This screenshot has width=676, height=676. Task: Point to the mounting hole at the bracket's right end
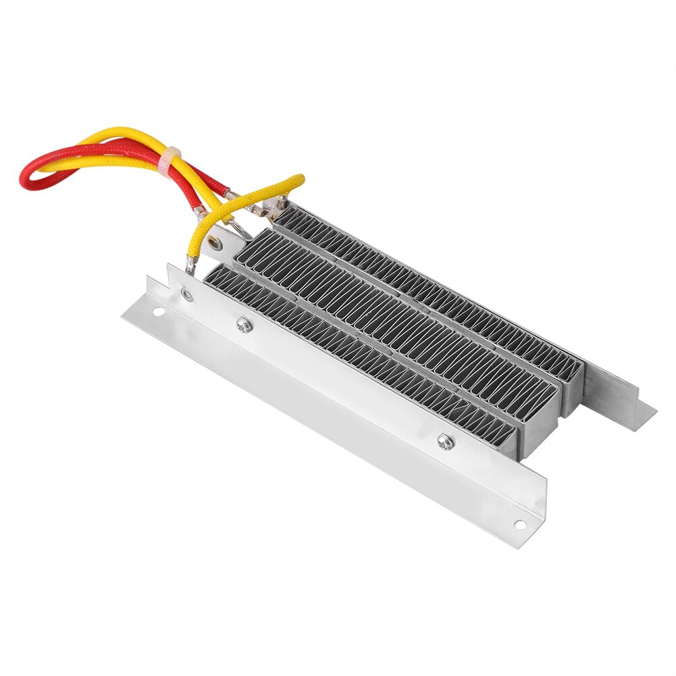pyautogui.click(x=519, y=523)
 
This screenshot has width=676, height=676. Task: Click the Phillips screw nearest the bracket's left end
pyautogui.click(x=241, y=326)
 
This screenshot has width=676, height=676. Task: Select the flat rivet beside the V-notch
pyautogui.click(x=185, y=292)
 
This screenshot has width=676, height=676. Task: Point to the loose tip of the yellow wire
pyautogui.click(x=300, y=178)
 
